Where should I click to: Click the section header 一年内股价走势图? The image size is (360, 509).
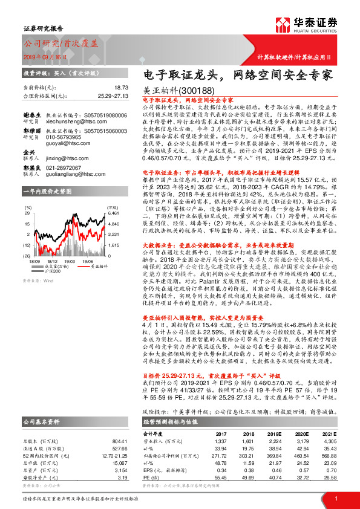(x=47, y=191)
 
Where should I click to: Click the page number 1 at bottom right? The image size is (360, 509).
(x=335, y=499)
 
